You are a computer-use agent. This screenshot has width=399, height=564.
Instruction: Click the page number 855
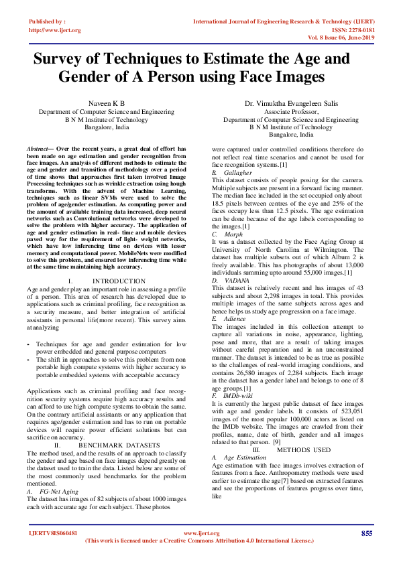pyautogui.click(x=366, y=533)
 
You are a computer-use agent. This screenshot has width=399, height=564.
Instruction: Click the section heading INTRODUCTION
pyautogui.click(x=119, y=281)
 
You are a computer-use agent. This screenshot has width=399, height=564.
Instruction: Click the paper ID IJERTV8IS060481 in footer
pyautogui.click(x=53, y=533)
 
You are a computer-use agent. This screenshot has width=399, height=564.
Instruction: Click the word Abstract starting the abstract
pyautogui.click(x=39, y=146)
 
